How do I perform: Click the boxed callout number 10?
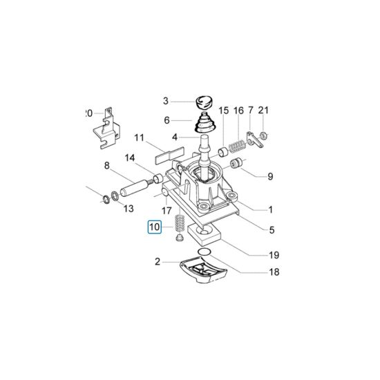point(155,227)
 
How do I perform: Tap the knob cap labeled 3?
point(204,102)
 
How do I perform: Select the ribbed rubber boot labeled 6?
point(203,122)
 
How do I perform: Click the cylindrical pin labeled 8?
point(135,189)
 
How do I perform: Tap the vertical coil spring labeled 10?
point(180,222)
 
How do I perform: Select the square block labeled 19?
point(204,234)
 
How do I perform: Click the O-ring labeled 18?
point(204,252)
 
